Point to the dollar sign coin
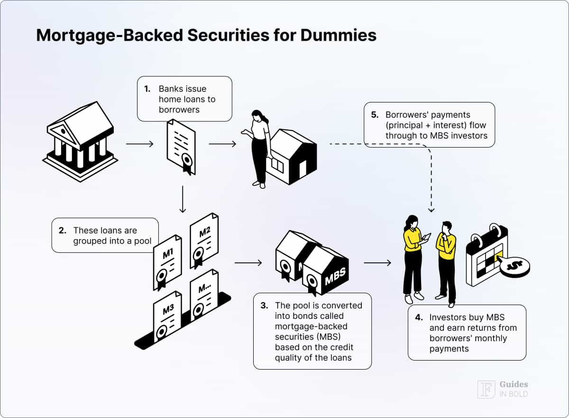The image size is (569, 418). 514,267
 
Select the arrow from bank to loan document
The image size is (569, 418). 140,144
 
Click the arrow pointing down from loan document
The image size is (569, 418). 183,199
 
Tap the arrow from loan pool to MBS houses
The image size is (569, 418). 248,263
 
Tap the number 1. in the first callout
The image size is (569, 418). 147,89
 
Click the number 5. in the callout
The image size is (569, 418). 375,115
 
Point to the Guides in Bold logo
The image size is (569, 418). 503,389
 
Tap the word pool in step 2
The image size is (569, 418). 142,241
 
